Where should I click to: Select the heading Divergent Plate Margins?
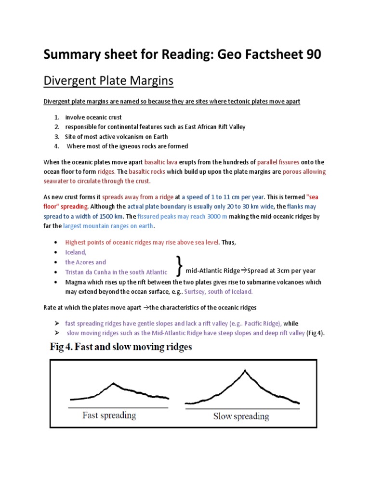[108, 81]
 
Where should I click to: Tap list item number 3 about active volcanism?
[116, 136]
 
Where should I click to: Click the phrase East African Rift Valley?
[207, 127]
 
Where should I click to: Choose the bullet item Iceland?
[76, 252]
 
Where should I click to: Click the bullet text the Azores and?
[86, 262]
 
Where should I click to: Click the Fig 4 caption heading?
[121, 347]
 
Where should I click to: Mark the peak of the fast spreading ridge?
[113, 383]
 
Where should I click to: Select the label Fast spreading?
[109, 415]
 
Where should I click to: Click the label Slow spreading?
[241, 416]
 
